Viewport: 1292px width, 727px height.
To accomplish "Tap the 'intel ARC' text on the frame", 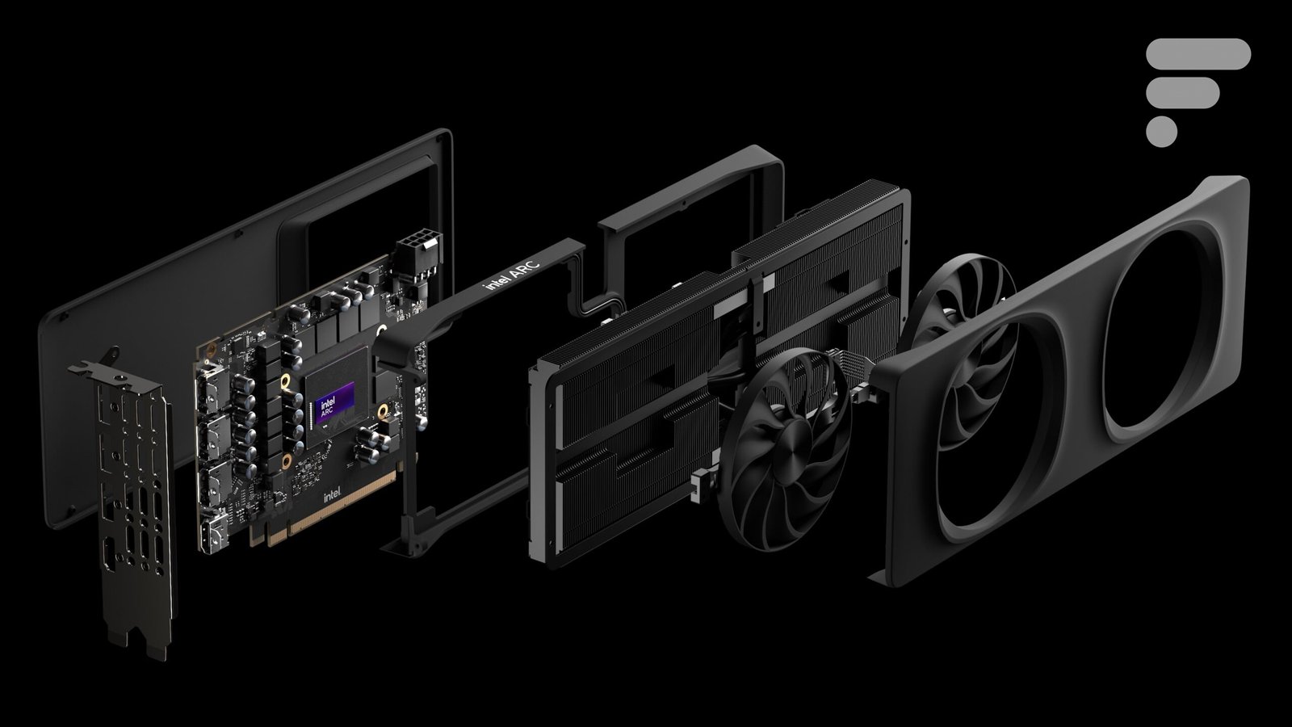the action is pos(512,275).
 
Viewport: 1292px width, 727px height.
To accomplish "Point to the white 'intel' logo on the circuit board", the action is pos(332,494).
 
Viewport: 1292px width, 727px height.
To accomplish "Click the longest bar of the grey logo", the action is pos(1198,53).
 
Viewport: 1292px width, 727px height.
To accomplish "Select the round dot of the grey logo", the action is pos(1162,132).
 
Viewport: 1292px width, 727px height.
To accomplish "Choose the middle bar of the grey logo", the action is pos(1182,92).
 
